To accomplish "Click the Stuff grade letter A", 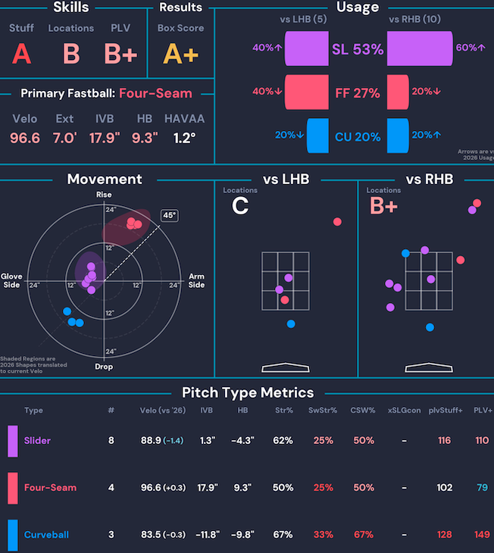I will pos(21,54).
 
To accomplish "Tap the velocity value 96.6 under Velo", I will pos(25,138).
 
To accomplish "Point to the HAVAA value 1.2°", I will pos(184,138).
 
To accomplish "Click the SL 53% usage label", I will pos(358,50).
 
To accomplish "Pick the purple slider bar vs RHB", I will pos(420,48).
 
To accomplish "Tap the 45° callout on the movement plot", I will pos(170,216).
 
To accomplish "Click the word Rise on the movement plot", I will pos(104,195).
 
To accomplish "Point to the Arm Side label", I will pos(196,280).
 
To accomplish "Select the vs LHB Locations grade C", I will pos(240,206).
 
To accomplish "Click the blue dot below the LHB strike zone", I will pos(291,324).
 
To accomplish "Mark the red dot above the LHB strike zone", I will pos(337,222).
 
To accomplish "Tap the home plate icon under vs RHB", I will pos(428,368).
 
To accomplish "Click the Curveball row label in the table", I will pos(45,535).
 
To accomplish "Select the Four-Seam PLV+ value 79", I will pos(483,487).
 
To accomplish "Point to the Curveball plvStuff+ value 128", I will pos(444,535).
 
